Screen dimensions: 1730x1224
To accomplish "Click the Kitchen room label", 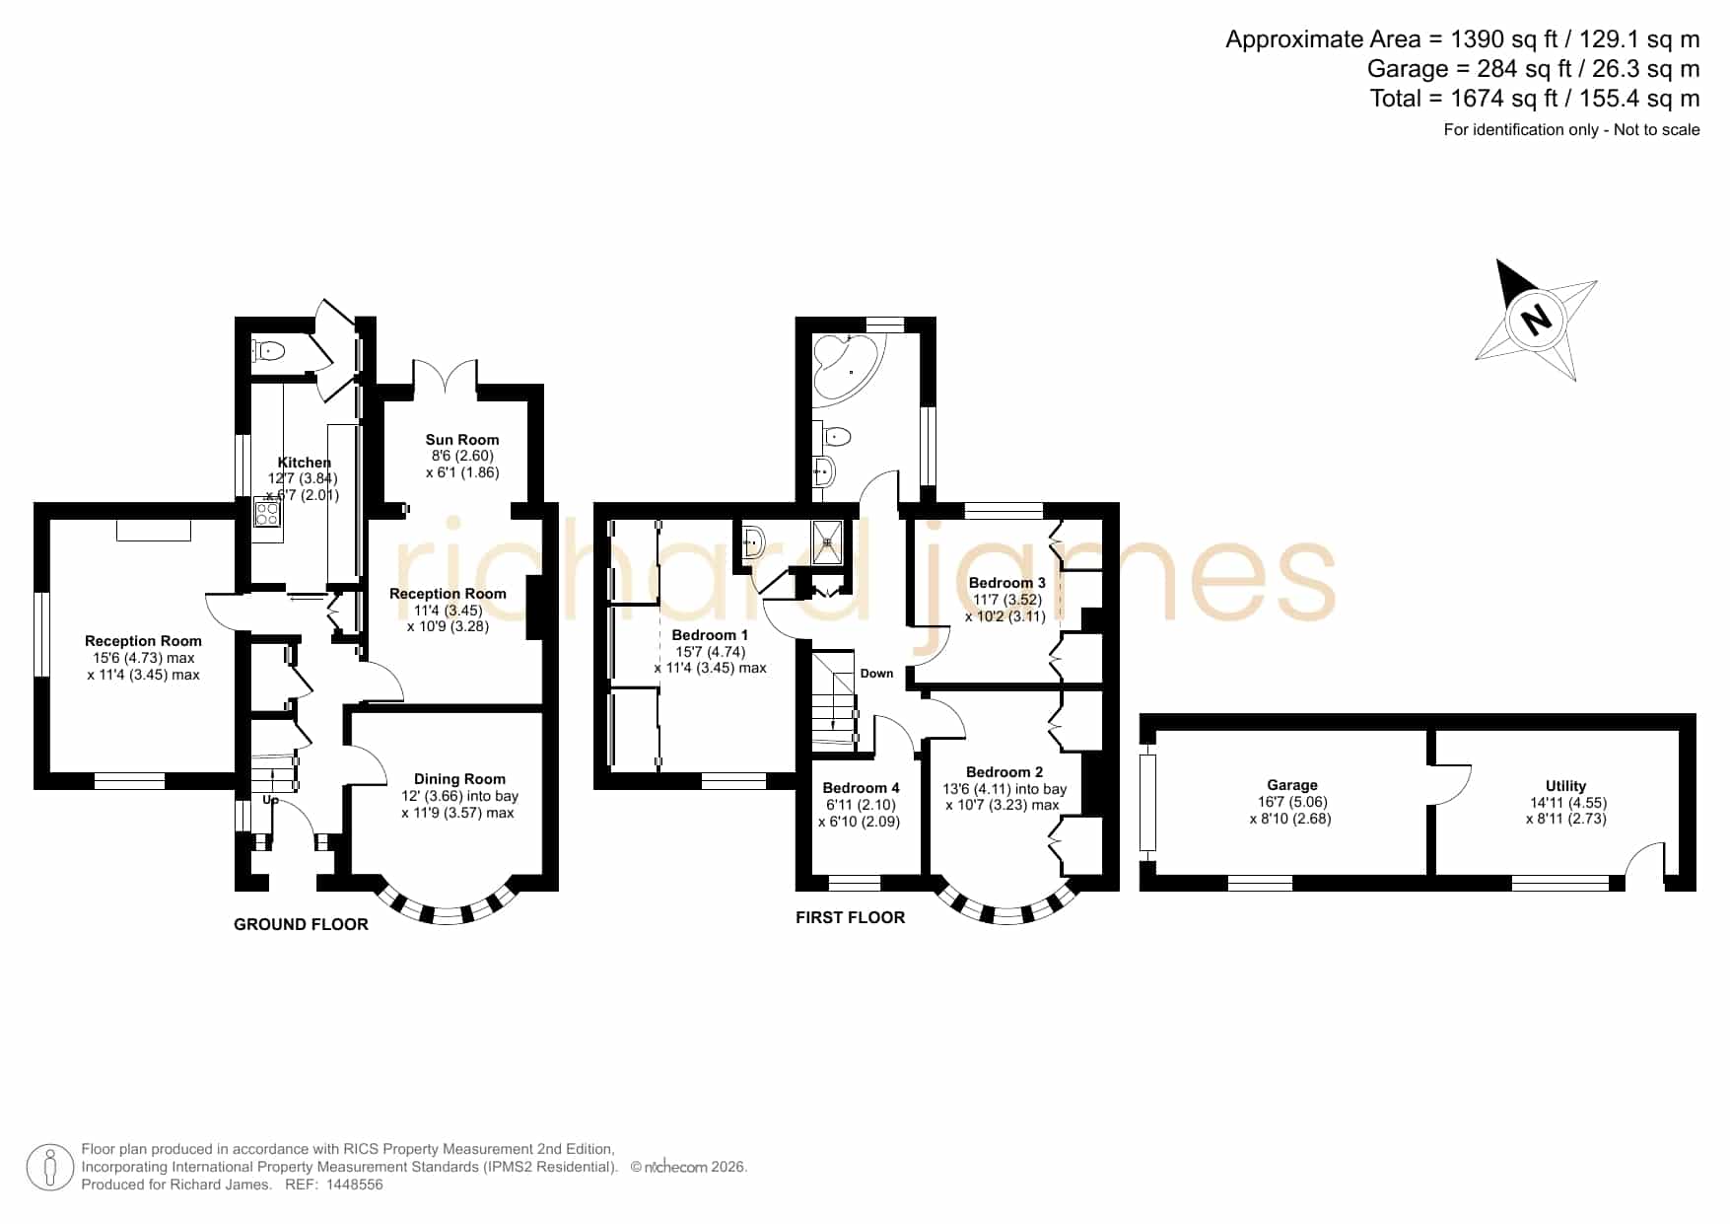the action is pos(305,463).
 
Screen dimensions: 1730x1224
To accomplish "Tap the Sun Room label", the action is pos(462,440).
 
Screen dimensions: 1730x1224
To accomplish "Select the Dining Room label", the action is pos(459,779).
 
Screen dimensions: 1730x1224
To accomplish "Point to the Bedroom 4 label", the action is pos(861,788).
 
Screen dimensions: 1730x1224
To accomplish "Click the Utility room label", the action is pos(1565,786).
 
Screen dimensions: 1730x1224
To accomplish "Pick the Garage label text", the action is pos(1291,786).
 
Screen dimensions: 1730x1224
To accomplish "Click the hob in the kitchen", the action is pos(267,513).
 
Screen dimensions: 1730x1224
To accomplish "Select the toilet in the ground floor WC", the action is pos(268,350).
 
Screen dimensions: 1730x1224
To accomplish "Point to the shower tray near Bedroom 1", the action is pos(828,541).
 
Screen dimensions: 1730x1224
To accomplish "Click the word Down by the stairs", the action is pos(876,674).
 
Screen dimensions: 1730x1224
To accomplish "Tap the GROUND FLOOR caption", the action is pos(301,924).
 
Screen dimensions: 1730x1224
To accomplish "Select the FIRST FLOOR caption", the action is pos(850,917).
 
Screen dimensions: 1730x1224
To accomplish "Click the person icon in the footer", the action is pos(50,1168).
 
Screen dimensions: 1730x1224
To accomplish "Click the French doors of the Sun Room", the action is pos(447,379).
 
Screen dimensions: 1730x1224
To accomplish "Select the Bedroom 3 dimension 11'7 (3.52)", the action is pos(1007,600).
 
